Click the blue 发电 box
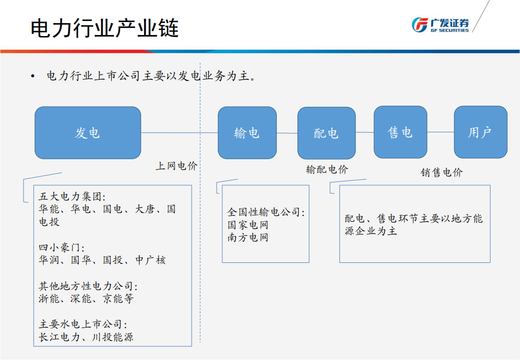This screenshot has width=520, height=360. (88, 133)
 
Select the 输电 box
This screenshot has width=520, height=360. (247, 133)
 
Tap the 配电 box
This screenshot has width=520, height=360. (326, 133)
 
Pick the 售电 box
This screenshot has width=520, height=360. (400, 132)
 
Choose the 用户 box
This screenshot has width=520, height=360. (480, 132)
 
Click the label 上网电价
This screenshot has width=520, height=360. (176, 166)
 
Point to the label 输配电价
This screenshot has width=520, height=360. (327, 169)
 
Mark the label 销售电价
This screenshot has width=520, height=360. (441, 173)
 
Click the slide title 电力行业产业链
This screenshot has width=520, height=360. (105, 29)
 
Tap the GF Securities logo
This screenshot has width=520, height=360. (440, 25)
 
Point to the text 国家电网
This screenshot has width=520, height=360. (248, 225)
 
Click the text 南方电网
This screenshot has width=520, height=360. (248, 237)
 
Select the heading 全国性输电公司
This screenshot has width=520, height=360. (266, 212)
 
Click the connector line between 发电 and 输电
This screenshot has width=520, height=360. (179, 133)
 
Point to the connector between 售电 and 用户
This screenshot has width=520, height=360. (440, 132)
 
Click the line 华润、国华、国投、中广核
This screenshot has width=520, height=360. (102, 260)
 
